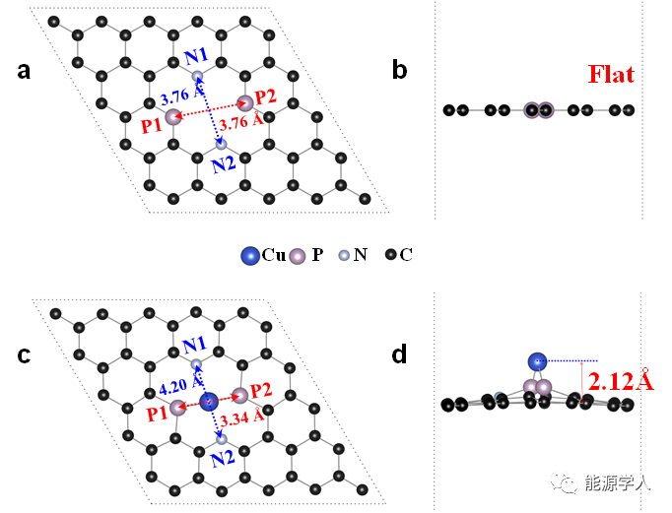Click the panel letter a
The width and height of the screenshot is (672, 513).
(24, 70)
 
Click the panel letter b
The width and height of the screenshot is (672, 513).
(400, 70)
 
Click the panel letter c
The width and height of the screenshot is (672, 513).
(24, 354)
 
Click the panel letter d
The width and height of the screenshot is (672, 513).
(400, 354)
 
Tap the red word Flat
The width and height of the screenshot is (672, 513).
(611, 74)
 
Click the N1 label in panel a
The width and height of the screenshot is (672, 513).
(198, 57)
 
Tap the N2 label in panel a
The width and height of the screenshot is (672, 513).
(224, 163)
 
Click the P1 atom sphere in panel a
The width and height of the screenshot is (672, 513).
(173, 118)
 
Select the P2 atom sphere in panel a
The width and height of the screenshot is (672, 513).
(245, 102)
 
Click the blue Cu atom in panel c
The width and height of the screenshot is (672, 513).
(209, 401)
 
